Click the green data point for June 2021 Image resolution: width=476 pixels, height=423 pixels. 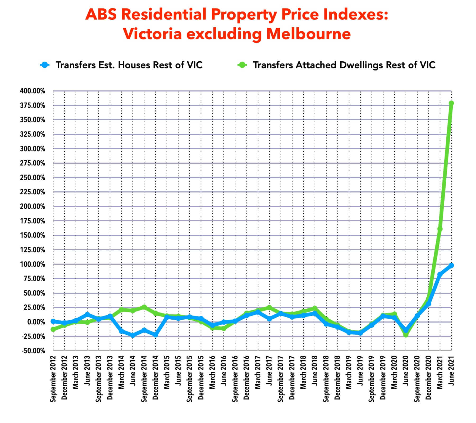451,103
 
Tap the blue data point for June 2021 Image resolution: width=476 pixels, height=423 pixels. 451,265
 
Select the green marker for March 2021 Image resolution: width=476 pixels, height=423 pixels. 440,229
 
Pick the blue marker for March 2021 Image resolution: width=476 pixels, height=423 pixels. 440,274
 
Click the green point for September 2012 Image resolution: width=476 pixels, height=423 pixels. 53,329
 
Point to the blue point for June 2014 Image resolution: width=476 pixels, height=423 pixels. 133,335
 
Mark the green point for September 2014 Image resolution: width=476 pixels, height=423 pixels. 144,307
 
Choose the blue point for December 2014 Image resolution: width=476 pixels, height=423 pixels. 156,335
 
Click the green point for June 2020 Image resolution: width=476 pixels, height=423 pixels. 406,335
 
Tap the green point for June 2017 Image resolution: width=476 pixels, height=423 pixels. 269,307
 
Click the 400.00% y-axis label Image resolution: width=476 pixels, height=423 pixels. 33,91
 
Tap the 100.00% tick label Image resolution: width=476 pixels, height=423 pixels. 33,264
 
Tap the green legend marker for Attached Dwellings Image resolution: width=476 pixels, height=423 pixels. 242,65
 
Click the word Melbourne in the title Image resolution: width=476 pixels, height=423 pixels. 308,34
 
